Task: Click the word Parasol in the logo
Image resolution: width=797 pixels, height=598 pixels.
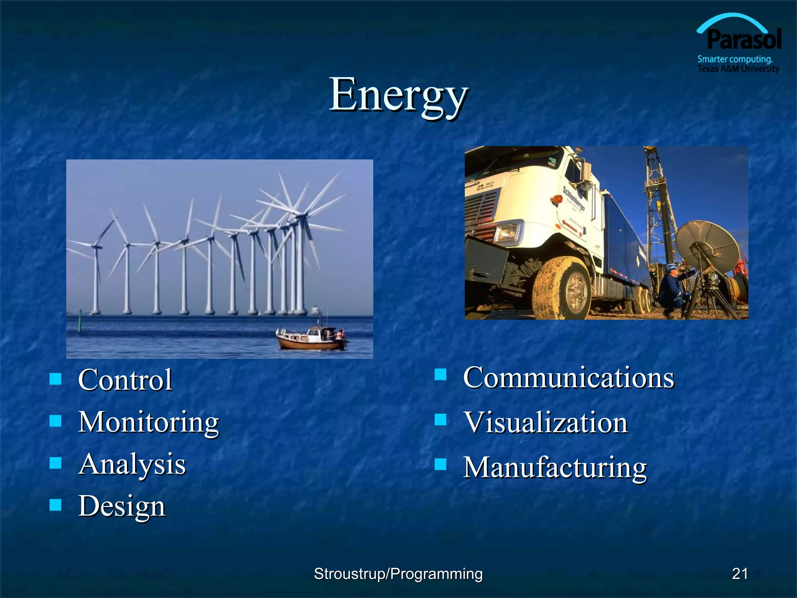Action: pos(744,40)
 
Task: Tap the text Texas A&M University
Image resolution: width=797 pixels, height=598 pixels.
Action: pos(738,69)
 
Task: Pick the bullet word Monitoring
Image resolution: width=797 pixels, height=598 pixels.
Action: pos(149,422)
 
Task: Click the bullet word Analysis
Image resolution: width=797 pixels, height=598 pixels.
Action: pos(132,464)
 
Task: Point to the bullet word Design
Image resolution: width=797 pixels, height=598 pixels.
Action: pos(122,506)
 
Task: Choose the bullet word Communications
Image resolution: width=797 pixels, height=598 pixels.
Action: pos(568,378)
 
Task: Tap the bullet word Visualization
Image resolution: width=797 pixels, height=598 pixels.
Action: pos(545,422)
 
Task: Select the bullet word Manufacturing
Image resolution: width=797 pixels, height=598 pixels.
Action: pos(555,467)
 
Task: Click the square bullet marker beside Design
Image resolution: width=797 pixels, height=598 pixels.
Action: pos(56,505)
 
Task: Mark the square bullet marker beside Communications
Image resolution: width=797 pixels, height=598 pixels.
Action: pos(440,375)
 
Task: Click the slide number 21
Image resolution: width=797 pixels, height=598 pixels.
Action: pos(740,573)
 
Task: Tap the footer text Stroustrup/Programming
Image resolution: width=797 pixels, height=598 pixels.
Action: pos(398,573)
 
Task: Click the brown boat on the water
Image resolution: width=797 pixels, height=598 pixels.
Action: pos(311,339)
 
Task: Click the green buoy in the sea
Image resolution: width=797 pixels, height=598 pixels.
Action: pos(81,321)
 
